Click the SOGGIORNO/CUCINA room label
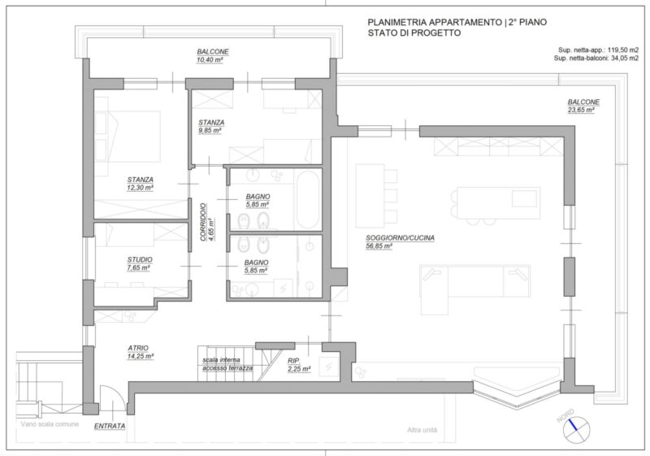[x=400, y=238]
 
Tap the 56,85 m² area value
[x=379, y=246]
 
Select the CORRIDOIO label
[x=203, y=222]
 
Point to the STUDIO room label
[x=140, y=259]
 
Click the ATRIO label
[x=138, y=348]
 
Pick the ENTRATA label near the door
[x=110, y=426]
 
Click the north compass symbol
[x=576, y=430]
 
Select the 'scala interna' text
[x=221, y=360]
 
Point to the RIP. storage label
[x=294, y=361]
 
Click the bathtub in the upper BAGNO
[x=308, y=199]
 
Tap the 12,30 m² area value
[x=140, y=188]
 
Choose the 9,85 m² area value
[x=210, y=131]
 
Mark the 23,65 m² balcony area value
[x=581, y=110]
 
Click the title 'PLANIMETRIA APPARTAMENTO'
[x=435, y=23]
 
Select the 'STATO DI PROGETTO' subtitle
[x=414, y=33]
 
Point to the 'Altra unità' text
[x=422, y=430]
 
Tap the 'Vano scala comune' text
[x=50, y=424]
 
